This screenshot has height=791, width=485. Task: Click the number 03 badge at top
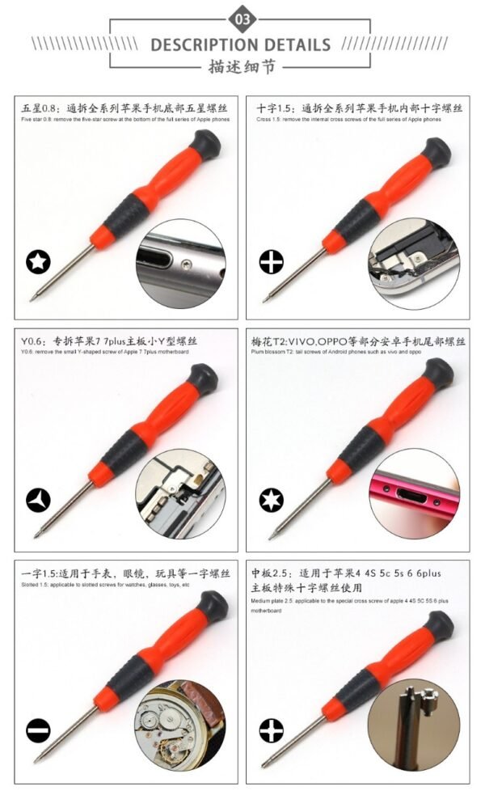point(242,18)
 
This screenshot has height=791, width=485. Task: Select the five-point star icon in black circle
point(38,261)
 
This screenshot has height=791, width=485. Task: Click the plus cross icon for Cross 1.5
point(272,262)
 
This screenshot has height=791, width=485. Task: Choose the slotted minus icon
point(38,731)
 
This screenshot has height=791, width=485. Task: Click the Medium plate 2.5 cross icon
point(272,731)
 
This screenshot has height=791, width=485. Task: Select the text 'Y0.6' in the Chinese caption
point(31,341)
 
